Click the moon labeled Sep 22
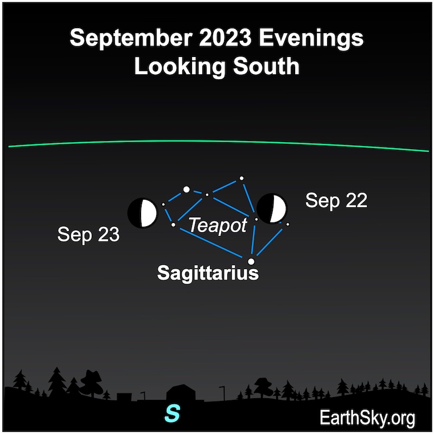(271, 208)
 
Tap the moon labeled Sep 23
(142, 213)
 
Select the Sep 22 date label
(336, 200)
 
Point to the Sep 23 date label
(88, 234)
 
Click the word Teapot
(218, 226)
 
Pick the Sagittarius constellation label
(208, 273)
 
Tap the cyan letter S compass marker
(172, 413)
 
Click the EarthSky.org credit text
(367, 418)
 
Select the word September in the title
(131, 39)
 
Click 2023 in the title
(225, 37)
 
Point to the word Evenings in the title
(311, 39)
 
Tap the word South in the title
(266, 66)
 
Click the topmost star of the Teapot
(241, 178)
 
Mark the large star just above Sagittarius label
(251, 261)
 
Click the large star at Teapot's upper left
(187, 189)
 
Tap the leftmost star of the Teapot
(163, 205)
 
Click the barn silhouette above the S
(181, 392)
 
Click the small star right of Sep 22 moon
(288, 224)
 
